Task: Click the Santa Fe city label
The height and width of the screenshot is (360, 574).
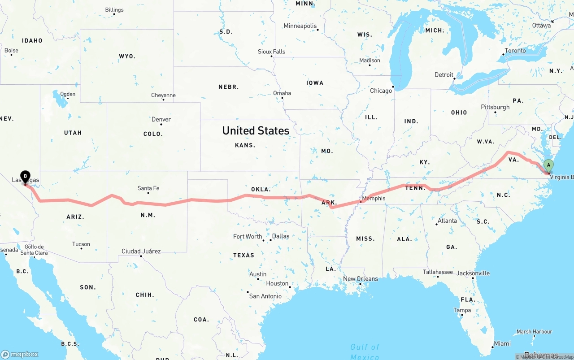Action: coord(148,188)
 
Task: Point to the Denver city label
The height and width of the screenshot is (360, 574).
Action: coord(161,119)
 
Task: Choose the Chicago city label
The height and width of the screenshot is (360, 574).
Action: coord(381,91)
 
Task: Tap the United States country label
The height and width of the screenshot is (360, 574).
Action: coord(256,130)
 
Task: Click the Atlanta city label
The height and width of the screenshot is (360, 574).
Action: coord(447,221)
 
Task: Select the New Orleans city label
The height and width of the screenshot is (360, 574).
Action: coord(361,278)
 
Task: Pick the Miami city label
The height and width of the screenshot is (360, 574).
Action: coord(502,343)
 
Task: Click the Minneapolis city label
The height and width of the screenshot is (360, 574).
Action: coord(300,26)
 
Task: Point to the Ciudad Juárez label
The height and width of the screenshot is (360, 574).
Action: coord(141,251)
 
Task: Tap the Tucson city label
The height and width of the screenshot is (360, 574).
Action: coord(81,244)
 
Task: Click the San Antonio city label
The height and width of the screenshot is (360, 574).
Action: coord(265,296)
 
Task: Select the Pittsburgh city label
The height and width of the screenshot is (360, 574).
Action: coord(495,107)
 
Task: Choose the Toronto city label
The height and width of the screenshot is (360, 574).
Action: coord(515,51)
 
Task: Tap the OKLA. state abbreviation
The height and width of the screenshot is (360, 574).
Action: coord(261,190)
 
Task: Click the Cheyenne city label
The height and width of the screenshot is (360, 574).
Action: coord(163,95)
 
